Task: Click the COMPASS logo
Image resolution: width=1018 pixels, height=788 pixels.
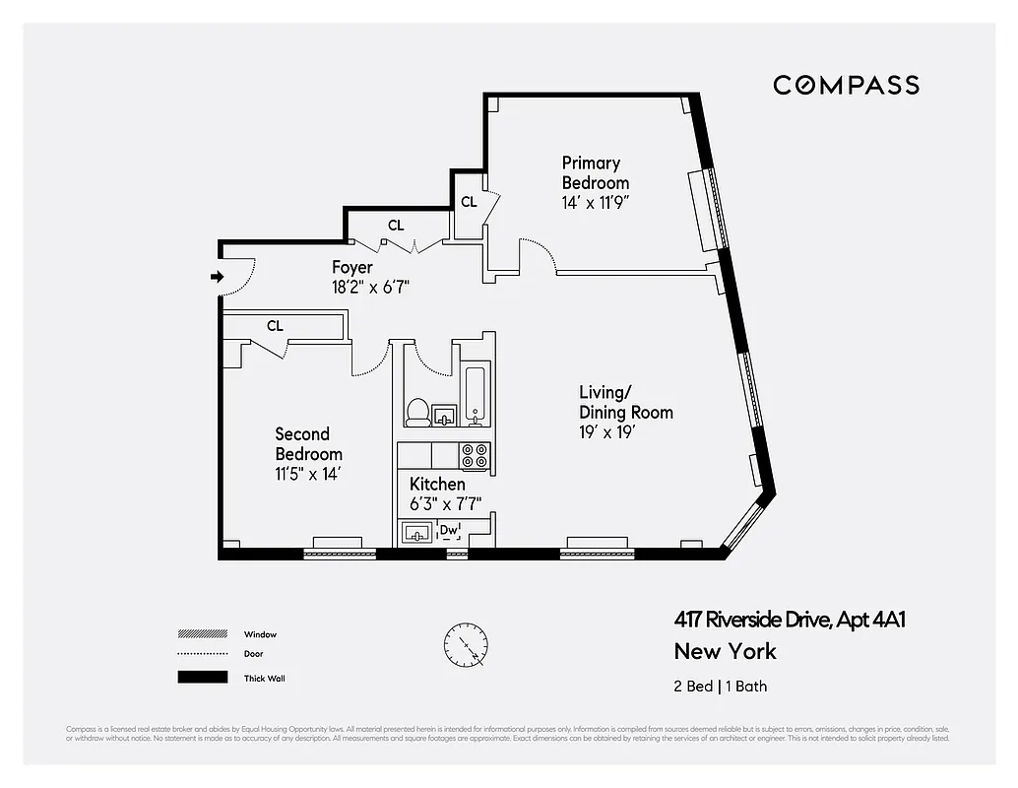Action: tap(846, 85)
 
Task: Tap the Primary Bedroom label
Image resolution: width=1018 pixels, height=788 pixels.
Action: tap(595, 172)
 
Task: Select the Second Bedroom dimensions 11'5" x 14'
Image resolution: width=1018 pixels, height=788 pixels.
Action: tap(308, 474)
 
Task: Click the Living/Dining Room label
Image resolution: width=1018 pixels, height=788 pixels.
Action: tap(625, 402)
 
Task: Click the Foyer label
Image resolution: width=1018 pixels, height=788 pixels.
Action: tap(351, 267)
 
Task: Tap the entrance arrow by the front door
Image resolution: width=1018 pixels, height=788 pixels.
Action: tap(217, 278)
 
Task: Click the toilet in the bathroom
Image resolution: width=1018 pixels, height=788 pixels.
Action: tap(416, 411)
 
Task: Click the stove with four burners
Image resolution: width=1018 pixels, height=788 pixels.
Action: tap(476, 455)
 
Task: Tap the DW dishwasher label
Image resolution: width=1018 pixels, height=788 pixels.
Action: tap(449, 531)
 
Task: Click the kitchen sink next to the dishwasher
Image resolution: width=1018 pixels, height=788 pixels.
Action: tap(417, 533)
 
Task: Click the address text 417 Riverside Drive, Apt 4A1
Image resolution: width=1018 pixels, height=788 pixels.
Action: tap(789, 620)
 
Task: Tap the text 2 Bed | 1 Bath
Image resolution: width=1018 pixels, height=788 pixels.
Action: tap(720, 686)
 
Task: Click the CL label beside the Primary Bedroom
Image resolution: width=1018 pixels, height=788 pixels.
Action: tap(469, 202)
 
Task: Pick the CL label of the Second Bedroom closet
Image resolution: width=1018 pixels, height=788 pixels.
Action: tap(275, 325)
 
